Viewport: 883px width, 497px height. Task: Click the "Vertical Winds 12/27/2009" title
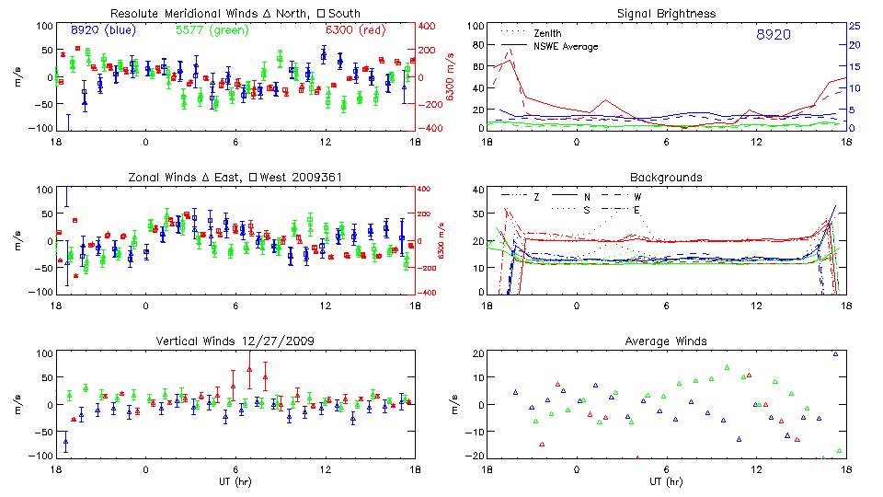235,341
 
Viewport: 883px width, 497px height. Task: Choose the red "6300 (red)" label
357,30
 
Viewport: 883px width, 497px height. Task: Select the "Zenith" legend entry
547,33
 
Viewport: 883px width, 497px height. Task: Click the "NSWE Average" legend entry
566,46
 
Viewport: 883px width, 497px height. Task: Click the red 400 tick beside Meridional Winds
429,26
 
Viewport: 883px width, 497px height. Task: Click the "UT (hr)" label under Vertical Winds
235,481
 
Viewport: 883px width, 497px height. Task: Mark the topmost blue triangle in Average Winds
835,353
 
